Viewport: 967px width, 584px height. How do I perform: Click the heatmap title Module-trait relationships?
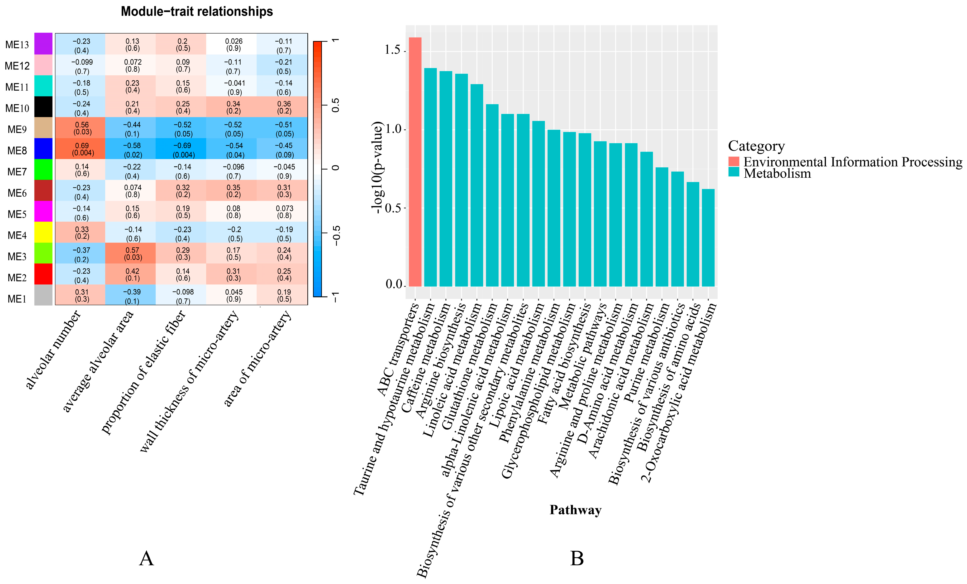[197, 11]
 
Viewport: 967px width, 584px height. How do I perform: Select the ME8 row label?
[17, 151]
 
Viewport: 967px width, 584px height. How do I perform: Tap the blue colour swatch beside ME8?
[43, 148]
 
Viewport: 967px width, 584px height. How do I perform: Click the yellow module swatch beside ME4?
[43, 232]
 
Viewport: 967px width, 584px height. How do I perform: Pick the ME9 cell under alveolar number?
[80, 128]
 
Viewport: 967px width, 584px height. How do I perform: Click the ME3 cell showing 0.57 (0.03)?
[130, 253]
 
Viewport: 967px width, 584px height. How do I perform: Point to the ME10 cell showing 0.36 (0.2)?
[282, 107]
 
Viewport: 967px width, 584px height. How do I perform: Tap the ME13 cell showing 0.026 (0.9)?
[231, 44]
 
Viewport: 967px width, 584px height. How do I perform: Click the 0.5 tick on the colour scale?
[336, 105]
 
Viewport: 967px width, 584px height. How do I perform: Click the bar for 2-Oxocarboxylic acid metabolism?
[708, 238]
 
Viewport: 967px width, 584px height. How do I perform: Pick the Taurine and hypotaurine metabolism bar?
[430, 177]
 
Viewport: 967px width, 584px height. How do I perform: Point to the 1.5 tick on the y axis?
[393, 50]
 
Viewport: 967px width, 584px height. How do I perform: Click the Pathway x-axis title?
[575, 510]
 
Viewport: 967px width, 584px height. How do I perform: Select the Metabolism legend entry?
[777, 173]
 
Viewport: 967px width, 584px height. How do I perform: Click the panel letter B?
[577, 559]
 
